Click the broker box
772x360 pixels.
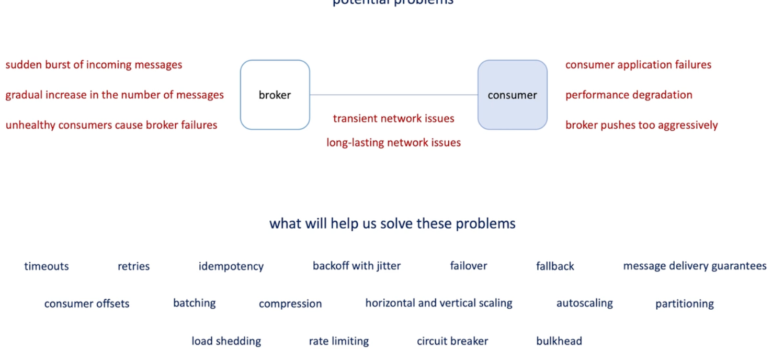point(275,95)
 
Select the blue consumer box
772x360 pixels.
point(512,95)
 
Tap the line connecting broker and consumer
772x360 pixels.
point(393,95)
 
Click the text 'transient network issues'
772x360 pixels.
point(393,118)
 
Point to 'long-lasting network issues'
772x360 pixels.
point(393,142)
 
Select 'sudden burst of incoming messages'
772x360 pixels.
point(94,65)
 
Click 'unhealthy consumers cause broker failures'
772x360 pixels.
point(111,125)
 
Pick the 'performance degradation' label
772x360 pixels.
point(628,95)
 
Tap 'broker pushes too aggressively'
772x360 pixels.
point(641,125)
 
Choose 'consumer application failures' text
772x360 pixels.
point(638,65)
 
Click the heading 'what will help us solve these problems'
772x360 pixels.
point(392,223)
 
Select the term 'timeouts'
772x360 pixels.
point(46,266)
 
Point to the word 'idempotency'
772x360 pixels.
point(231,266)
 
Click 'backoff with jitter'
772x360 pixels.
point(356,266)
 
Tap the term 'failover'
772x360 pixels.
point(468,266)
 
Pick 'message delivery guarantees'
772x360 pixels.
point(694,266)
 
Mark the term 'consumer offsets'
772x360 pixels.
point(86,304)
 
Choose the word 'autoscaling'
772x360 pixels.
point(584,303)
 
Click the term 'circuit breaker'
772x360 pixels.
point(452,341)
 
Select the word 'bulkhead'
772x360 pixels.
point(559,341)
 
